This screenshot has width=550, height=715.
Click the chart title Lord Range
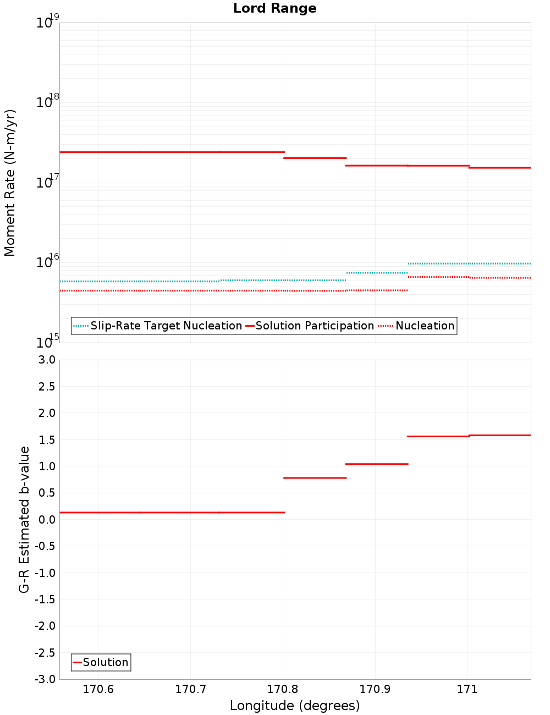click(x=274, y=8)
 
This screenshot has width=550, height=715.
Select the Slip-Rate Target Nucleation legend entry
click(x=166, y=326)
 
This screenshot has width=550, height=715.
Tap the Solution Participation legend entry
click(x=315, y=326)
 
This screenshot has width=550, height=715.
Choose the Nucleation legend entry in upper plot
click(x=425, y=326)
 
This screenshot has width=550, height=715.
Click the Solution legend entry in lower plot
click(x=105, y=662)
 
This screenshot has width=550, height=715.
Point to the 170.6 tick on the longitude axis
click(x=98, y=690)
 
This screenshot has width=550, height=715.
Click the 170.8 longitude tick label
click(x=283, y=690)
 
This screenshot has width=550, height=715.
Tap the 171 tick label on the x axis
click(x=467, y=690)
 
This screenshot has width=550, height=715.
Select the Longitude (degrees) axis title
click(x=295, y=706)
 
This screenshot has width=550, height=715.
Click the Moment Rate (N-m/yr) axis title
click(x=10, y=183)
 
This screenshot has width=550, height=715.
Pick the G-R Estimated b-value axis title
click(x=24, y=519)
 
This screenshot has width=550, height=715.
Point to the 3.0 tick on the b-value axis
click(x=45, y=360)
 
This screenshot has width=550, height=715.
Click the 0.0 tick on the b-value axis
click(x=45, y=520)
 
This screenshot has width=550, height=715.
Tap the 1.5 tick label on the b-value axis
click(x=45, y=440)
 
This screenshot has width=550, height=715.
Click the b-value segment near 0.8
click(x=315, y=478)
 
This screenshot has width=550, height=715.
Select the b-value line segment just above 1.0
click(x=377, y=464)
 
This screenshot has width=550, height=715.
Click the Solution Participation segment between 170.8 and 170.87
click(x=315, y=158)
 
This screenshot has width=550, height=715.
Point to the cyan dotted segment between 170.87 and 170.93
click(x=377, y=273)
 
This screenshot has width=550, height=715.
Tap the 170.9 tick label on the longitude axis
click(x=375, y=690)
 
